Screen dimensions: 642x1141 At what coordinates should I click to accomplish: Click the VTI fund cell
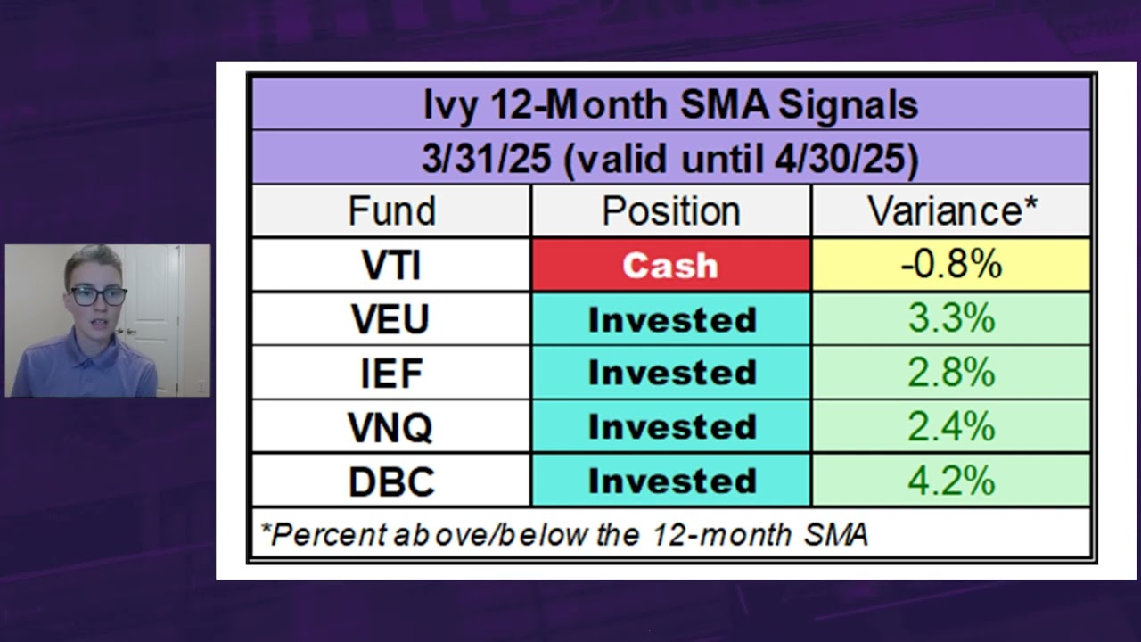pos(390,265)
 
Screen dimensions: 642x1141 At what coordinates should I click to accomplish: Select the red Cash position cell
pos(670,265)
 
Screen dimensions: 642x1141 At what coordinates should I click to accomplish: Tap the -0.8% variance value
pos(951,265)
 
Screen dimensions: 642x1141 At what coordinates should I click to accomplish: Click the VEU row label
pos(390,319)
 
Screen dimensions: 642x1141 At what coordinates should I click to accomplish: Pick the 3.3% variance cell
pos(951,319)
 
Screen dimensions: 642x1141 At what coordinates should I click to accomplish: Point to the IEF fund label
pos(390,373)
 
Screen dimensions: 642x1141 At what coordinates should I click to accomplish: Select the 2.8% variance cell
pos(951,373)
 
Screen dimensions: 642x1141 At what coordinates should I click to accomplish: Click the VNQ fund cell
pos(390,427)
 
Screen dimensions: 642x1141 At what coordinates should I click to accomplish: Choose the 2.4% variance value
pos(951,427)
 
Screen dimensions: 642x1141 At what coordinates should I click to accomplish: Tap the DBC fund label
pos(390,481)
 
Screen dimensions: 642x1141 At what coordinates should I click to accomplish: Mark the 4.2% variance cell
pos(951,481)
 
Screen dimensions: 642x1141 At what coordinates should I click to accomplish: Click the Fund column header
pos(390,211)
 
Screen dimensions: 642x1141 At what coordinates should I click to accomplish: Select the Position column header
pos(670,211)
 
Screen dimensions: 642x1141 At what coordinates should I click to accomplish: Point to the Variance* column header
pos(951,211)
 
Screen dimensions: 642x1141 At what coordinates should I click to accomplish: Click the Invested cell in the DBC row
pos(670,481)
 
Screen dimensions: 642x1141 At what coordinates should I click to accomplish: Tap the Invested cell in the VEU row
pos(670,319)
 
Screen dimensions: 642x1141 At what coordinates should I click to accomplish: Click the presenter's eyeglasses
pos(98,295)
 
